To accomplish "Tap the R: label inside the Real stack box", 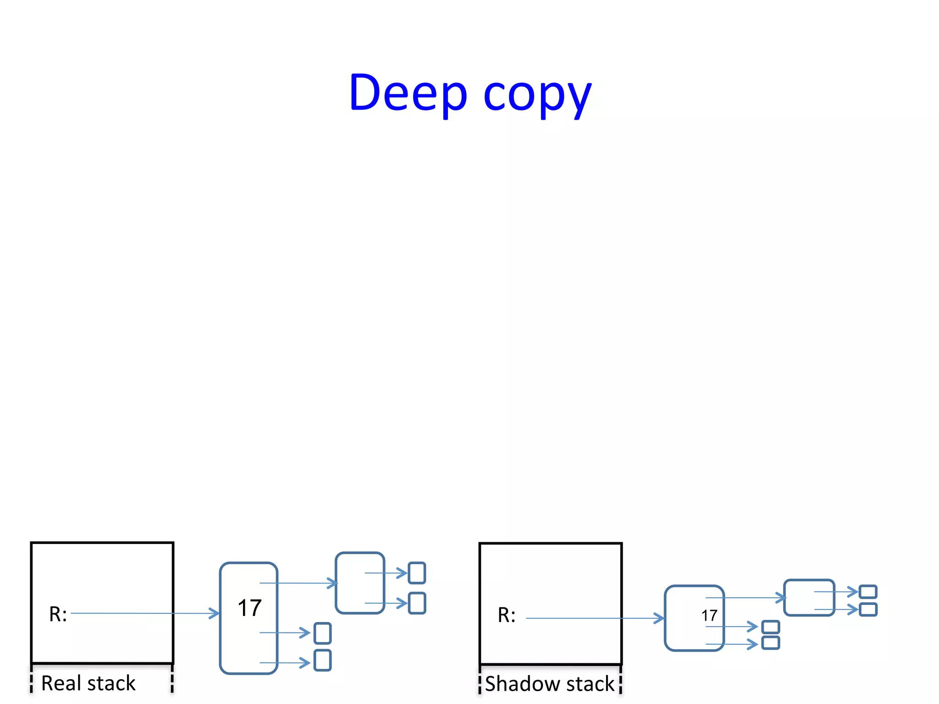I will (x=58, y=614).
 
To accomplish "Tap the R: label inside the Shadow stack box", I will (x=507, y=615).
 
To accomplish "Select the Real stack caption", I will (x=88, y=683).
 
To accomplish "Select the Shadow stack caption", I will (x=549, y=684).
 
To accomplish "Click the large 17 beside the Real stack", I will (x=249, y=608).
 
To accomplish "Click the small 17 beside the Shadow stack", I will (x=709, y=616).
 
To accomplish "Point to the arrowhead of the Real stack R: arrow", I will (x=215, y=613).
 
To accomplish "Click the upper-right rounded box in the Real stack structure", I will (x=360, y=583).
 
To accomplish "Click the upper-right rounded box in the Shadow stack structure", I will (x=809, y=598).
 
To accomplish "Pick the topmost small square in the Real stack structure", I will (x=417, y=573).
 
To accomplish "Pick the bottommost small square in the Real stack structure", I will (x=322, y=660).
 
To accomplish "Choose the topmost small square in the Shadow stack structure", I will (x=868, y=592).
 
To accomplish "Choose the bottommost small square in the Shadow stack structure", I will (x=770, y=643).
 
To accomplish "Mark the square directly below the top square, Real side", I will (x=417, y=603).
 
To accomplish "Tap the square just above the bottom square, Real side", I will (x=322, y=633).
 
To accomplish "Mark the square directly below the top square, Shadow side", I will (x=868, y=610).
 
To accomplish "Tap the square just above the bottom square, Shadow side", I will (x=770, y=627).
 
